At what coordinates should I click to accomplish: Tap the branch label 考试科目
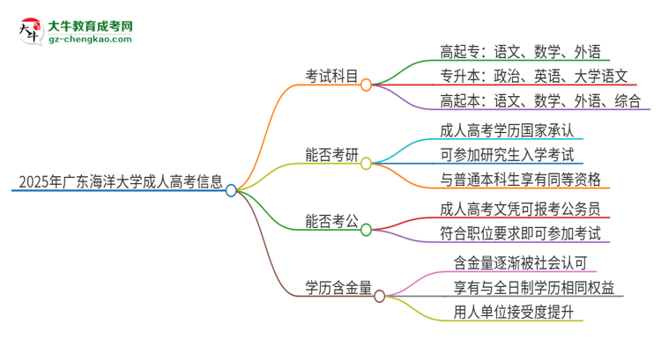(331, 77)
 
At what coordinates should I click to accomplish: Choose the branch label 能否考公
(331, 222)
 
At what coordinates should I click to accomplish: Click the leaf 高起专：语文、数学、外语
(520, 51)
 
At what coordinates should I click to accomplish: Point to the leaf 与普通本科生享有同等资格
(520, 180)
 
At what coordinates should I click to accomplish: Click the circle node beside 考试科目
(367, 84)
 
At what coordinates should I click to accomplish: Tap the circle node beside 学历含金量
(380, 296)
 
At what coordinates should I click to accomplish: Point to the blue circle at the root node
(231, 190)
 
